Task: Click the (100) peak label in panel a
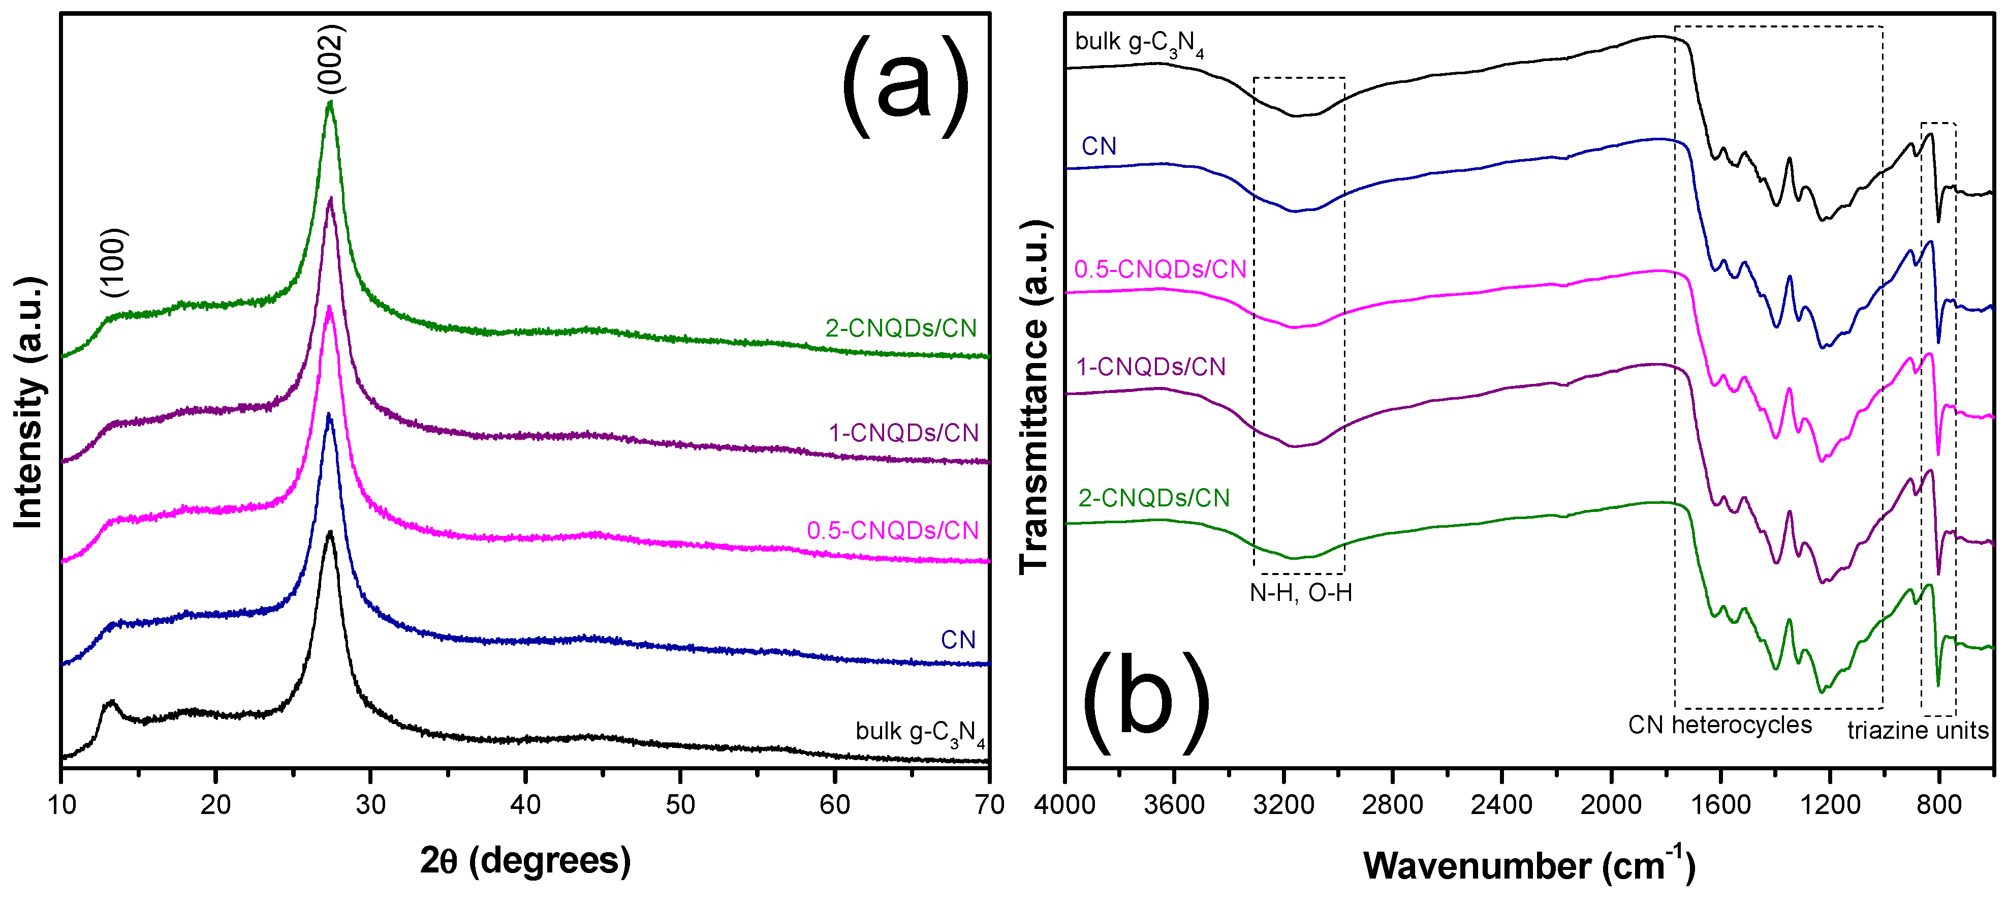[114, 262]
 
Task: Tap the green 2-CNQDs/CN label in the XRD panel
[901, 328]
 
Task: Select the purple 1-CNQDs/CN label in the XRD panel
[904, 433]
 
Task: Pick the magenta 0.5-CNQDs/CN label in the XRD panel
[893, 531]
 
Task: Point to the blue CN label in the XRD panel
[958, 640]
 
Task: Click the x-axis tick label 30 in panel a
[371, 804]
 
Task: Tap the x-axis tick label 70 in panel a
[989, 804]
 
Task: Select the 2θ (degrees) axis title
[525, 861]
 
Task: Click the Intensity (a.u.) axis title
[29, 402]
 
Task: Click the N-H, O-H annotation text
[1301, 593]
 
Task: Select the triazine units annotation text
[1918, 730]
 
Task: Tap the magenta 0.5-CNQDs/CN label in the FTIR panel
[1160, 269]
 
